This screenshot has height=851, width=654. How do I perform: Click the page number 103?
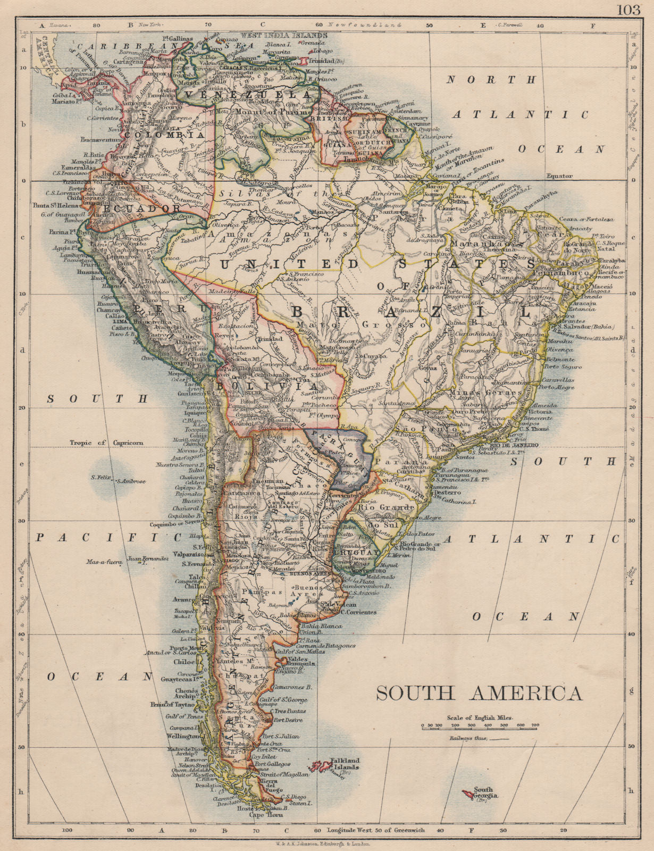coord(629,9)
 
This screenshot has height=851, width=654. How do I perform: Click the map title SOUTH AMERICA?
coord(480,693)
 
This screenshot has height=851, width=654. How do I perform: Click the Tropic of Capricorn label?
coord(106,443)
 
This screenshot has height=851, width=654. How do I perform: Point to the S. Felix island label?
coord(100,477)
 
